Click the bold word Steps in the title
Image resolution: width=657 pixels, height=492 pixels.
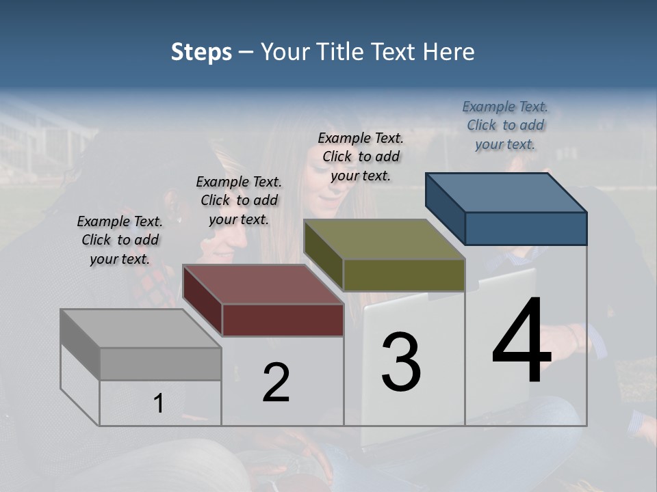[201, 52]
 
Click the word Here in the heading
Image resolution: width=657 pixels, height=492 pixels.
[449, 52]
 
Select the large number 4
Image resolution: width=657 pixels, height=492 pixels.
[521, 342]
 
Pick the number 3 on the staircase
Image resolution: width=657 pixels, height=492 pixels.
[401, 362]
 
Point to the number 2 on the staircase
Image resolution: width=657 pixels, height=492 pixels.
[276, 383]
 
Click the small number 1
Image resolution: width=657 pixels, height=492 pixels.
[159, 404]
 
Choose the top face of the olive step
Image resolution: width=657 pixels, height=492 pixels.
[384, 239]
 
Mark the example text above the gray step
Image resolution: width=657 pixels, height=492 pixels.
[120, 240]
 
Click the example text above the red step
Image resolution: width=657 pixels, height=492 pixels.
[239, 200]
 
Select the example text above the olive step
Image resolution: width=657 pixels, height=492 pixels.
[361, 156]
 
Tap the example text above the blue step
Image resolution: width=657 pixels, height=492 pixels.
[505, 125]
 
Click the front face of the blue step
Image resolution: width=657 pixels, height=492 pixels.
[526, 228]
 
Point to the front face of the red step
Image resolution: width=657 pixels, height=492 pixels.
[283, 320]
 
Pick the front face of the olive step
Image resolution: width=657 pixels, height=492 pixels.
[404, 275]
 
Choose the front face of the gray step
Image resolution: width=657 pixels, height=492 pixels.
[160, 364]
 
